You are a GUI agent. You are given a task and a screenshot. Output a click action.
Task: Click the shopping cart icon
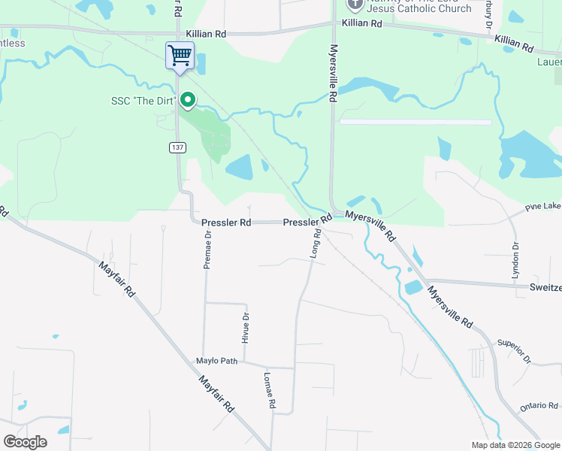(x=180, y=55)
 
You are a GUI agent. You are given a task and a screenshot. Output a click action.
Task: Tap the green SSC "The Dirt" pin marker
(x=188, y=99)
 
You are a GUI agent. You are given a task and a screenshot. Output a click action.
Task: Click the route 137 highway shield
(x=177, y=147)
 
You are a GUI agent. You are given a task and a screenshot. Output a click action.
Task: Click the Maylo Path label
(x=217, y=361)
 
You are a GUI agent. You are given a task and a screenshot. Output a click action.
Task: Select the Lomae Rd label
(x=268, y=391)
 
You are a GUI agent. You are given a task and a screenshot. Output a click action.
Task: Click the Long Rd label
(x=316, y=244)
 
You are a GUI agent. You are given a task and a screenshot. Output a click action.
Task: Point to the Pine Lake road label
(x=542, y=206)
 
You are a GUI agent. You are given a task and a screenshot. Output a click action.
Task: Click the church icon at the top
(x=355, y=4)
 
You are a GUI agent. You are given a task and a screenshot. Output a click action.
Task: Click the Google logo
(x=25, y=442)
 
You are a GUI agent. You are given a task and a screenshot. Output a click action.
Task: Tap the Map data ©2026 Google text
(x=515, y=445)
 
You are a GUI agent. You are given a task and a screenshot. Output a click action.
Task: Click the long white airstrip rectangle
(x=415, y=122)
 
